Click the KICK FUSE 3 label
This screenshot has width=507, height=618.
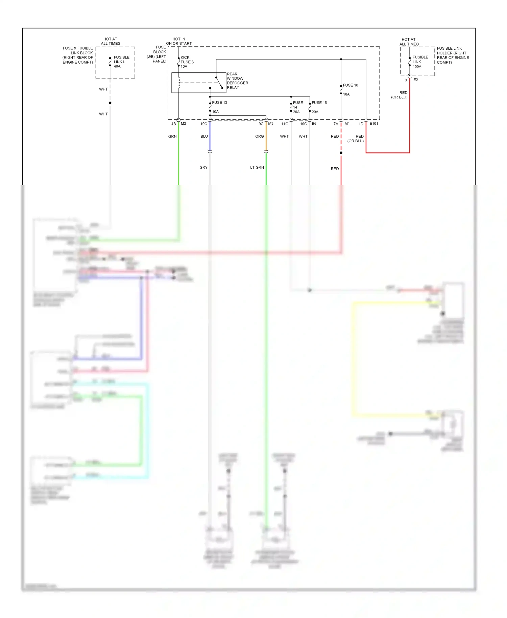coord(187,62)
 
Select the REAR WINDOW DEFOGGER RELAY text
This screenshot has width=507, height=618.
coord(237,81)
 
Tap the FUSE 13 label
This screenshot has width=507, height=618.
coord(219,102)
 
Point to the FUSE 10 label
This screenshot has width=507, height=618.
coord(350,85)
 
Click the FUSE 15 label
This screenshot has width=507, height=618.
coord(319,103)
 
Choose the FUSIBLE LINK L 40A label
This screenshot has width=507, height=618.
coord(121,62)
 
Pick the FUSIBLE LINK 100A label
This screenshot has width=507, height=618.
coord(420,62)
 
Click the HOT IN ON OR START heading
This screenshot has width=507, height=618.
coord(179,41)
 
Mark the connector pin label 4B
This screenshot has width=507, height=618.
coord(173,124)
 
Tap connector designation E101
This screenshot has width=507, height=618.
coord(373,124)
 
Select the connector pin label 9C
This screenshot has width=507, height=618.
coord(261,124)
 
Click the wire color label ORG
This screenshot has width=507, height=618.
coord(259,137)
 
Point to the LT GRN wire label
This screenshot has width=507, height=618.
coord(257,167)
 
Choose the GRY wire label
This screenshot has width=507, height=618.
coord(203,167)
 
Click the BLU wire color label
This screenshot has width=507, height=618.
coord(204,137)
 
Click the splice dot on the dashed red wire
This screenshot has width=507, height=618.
coord(341,153)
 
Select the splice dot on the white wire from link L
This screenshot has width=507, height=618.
coord(110,103)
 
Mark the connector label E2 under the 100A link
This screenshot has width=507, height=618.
coord(415,80)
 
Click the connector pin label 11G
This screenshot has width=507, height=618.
coord(285,124)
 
